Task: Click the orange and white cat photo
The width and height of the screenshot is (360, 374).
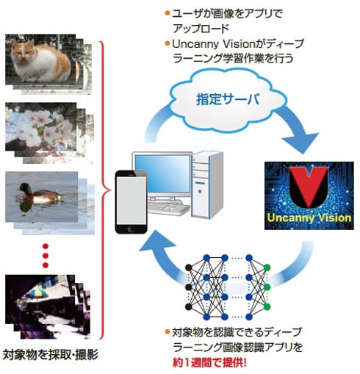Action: [40, 60]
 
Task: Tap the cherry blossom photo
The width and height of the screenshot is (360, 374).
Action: [41, 126]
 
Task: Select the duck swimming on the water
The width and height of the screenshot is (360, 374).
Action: [39, 193]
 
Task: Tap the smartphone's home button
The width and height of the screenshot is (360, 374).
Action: [131, 229]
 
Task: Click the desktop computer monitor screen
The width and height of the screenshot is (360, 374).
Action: [162, 174]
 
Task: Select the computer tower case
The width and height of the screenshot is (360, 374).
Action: [207, 184]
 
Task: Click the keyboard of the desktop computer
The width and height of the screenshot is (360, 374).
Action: [168, 208]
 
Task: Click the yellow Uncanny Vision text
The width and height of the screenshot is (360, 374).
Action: [309, 217]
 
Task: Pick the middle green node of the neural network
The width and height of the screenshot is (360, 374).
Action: [267, 287]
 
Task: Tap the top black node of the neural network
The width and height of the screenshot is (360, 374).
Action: [188, 267]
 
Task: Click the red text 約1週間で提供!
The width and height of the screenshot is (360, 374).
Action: [209, 362]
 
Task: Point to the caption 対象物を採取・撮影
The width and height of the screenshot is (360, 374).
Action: [50, 354]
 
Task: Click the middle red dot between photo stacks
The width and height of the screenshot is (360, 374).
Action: [46, 256]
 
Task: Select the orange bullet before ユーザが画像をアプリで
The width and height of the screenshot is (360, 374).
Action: [168, 13]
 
